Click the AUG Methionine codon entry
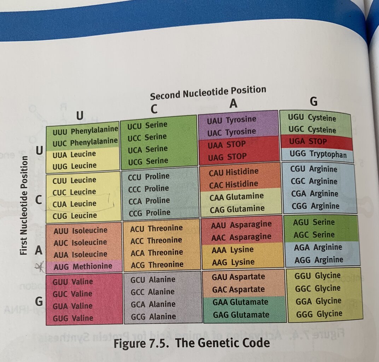click(x=83, y=266)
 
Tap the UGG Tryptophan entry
click(x=317, y=154)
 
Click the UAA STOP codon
click(x=226, y=144)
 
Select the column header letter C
click(x=154, y=109)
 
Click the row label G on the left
click(x=39, y=302)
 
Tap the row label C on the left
click(x=40, y=200)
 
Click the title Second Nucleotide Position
click(x=208, y=93)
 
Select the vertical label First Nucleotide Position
click(x=24, y=205)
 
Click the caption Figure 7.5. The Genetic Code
click(x=192, y=343)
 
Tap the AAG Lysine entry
click(x=233, y=262)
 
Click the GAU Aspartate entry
click(x=238, y=277)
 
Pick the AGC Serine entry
click(x=314, y=235)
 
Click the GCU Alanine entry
click(x=153, y=280)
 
